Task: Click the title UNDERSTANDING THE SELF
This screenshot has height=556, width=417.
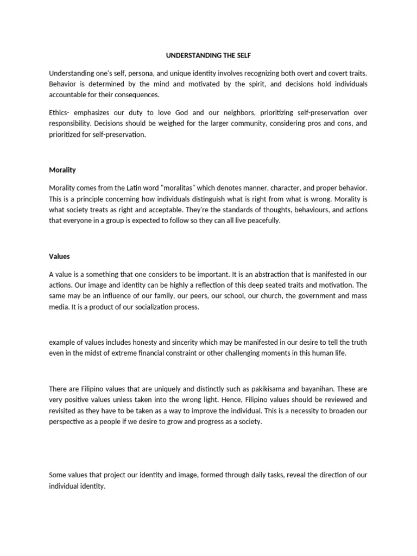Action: point(208,55)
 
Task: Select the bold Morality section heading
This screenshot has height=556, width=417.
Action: point(62,170)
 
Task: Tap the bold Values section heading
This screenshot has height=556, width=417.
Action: point(59,256)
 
